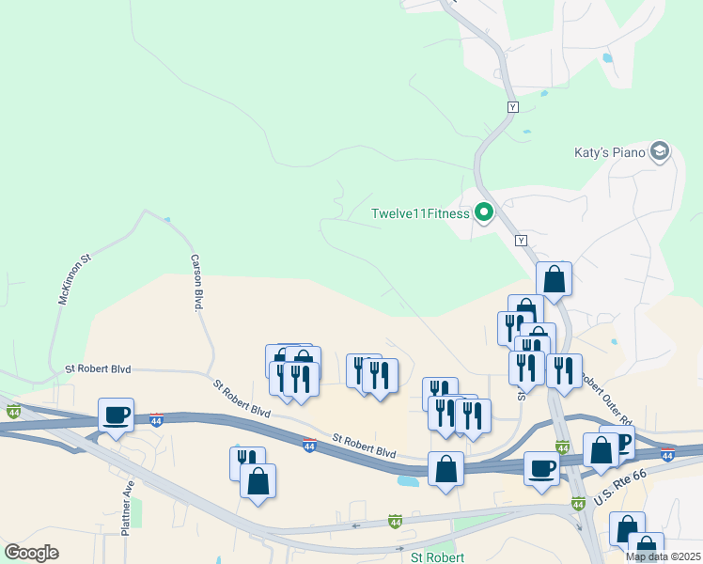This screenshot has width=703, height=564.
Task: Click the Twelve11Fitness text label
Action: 419,213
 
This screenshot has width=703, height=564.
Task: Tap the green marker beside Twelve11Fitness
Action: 485,213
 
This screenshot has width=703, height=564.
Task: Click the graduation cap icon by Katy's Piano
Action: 661,151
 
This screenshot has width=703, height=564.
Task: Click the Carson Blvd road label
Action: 198,283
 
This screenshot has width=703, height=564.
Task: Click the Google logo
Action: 31,552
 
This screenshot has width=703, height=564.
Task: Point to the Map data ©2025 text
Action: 663,556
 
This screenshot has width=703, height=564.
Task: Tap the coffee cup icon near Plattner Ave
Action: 117,415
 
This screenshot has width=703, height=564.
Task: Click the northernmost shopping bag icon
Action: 555,278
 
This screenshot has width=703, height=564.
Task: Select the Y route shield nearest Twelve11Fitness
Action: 519,241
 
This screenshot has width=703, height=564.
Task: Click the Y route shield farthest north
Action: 512,107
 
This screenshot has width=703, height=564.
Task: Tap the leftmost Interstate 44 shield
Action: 13,412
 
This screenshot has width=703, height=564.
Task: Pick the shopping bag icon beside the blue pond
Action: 445,468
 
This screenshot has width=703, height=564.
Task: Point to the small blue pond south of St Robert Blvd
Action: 408,480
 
